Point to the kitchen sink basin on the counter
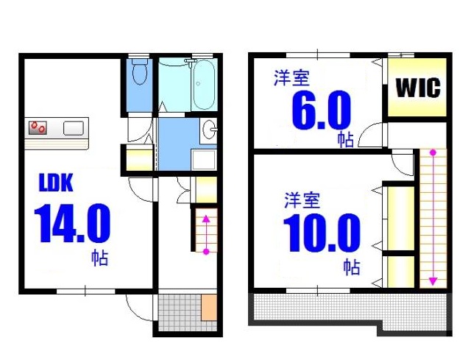pos(74,127)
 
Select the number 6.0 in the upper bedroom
pos(321,111)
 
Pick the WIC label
pos(418,89)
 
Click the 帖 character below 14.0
pos(100,258)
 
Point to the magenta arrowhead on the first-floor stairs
pos(206,218)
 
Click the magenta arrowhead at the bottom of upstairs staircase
pos(433,280)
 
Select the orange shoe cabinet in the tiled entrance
pos(209,306)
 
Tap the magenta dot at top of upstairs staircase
pos(433,153)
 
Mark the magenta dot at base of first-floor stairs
pos(206,252)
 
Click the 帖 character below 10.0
pos(352,267)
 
